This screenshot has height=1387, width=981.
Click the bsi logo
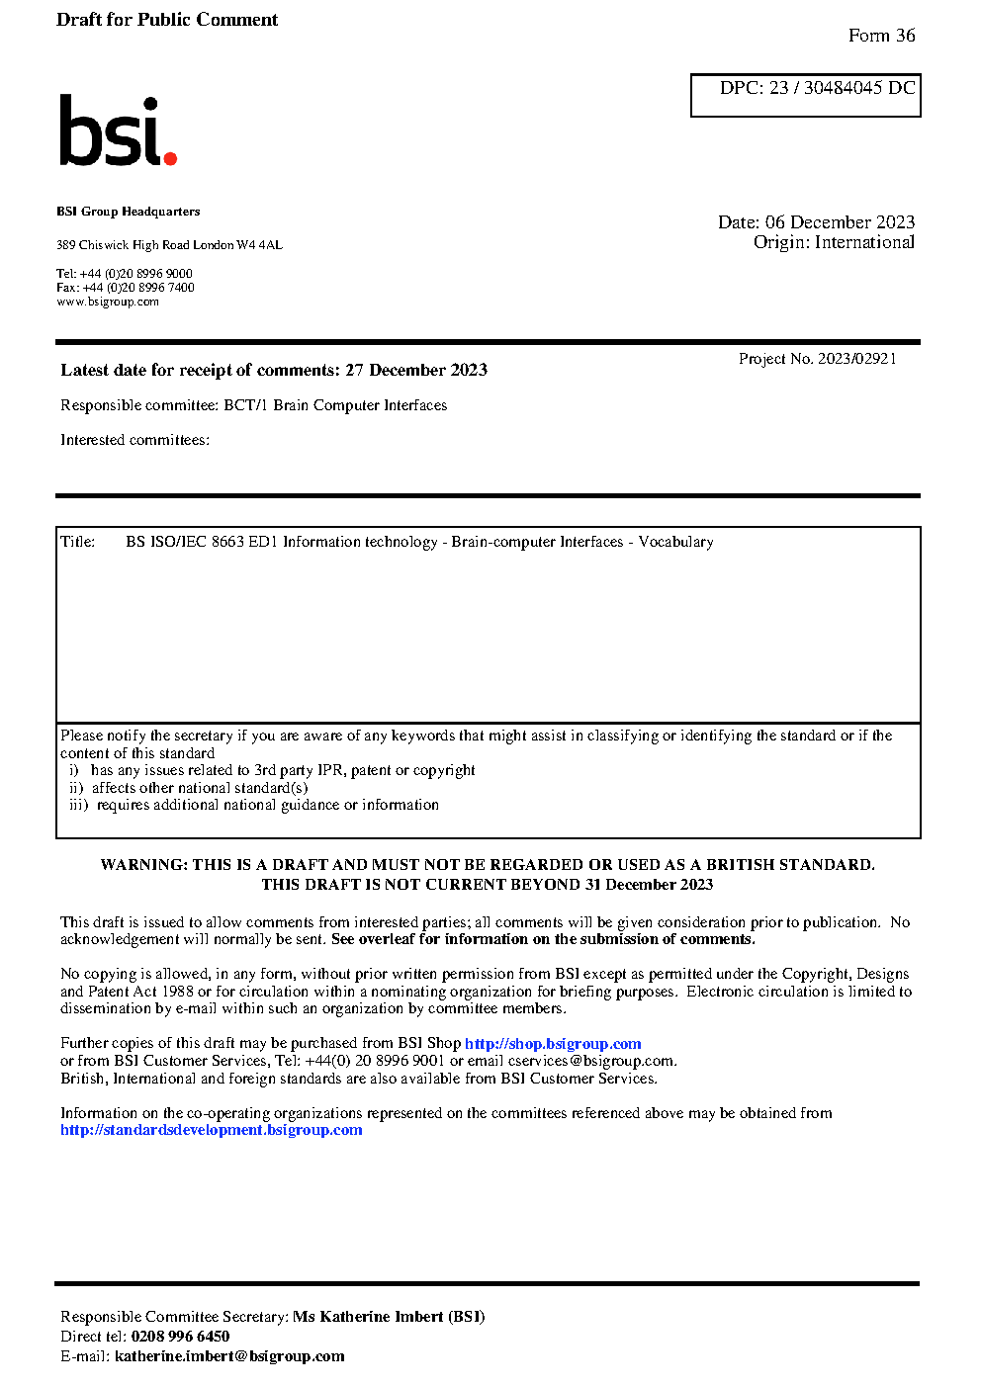(117, 130)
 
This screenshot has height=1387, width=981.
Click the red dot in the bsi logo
(170, 157)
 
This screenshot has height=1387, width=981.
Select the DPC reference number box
(805, 95)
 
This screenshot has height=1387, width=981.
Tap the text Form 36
(881, 36)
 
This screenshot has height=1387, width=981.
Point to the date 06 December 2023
(840, 222)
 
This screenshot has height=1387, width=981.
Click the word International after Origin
(864, 242)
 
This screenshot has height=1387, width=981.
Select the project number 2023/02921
(856, 359)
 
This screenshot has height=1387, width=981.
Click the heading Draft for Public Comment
(167, 20)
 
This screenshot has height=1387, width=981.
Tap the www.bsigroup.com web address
(108, 302)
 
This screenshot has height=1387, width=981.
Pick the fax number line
(126, 288)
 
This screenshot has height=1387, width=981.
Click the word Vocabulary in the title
(675, 542)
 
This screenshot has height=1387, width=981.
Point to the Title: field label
(78, 542)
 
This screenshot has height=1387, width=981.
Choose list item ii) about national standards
(189, 788)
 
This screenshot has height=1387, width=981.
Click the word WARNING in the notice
(143, 865)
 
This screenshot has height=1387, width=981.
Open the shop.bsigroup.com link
(553, 1044)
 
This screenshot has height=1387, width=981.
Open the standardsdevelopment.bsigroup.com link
(212, 1130)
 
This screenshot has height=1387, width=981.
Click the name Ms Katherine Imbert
(368, 1317)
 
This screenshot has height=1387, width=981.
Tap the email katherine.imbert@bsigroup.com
(229, 1356)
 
